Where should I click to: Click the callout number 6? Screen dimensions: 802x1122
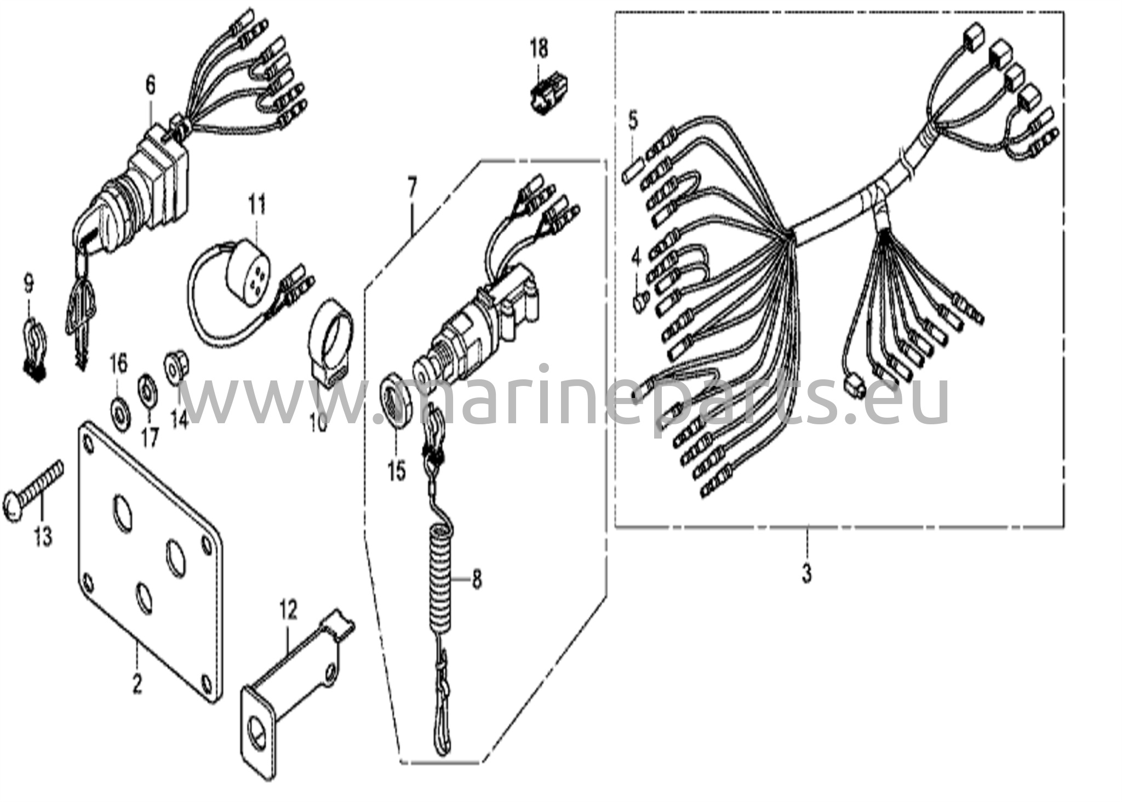(x=150, y=86)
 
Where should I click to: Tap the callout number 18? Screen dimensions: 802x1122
(x=539, y=48)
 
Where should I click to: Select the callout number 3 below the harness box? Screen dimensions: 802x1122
(x=806, y=574)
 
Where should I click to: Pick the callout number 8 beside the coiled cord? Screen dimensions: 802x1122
(x=477, y=579)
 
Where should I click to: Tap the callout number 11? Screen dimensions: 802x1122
(x=257, y=204)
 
